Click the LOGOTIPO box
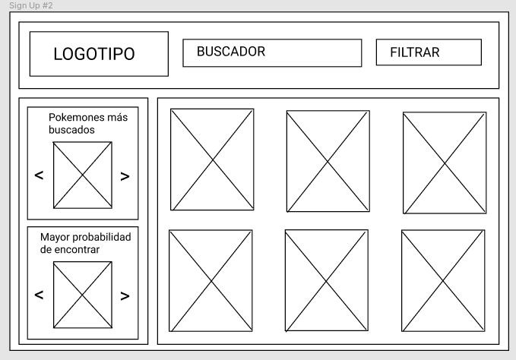(x=99, y=54)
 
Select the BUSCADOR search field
(x=272, y=52)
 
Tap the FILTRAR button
(x=429, y=52)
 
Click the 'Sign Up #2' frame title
(x=27, y=5)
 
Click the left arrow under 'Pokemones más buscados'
(x=39, y=175)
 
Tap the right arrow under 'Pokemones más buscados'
(x=125, y=176)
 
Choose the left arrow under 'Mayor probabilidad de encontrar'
(x=39, y=295)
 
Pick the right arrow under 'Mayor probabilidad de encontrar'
(x=125, y=295)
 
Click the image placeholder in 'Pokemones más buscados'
(x=82, y=175)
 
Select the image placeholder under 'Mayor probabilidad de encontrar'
(x=82, y=295)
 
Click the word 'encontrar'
(x=76, y=249)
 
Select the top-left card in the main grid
(x=212, y=159)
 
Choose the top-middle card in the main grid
(x=328, y=161)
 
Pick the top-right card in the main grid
(x=445, y=163)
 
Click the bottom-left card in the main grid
(x=211, y=280)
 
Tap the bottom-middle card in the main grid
(x=327, y=280)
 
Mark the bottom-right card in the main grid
(x=443, y=280)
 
